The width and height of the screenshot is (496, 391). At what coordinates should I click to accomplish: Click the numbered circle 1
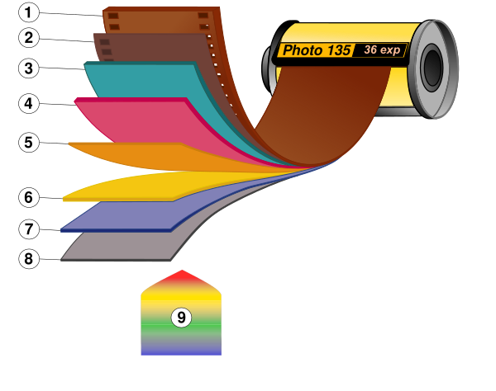click(x=29, y=12)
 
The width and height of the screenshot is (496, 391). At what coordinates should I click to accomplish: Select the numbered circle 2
click(x=29, y=38)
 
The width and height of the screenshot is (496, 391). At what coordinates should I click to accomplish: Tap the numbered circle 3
click(x=29, y=68)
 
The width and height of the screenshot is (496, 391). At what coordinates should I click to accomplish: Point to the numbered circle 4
click(x=29, y=104)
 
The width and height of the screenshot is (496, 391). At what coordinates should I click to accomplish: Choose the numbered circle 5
click(x=29, y=143)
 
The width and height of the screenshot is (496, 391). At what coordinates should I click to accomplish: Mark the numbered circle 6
click(x=29, y=198)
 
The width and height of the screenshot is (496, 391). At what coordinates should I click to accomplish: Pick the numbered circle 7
click(x=29, y=229)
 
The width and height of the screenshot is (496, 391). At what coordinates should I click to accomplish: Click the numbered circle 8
click(x=29, y=259)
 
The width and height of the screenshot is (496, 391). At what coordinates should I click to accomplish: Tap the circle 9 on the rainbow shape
click(x=181, y=318)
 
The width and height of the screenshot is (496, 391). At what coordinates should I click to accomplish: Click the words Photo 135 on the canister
click(x=317, y=50)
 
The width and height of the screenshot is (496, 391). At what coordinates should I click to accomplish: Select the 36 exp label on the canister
click(x=381, y=49)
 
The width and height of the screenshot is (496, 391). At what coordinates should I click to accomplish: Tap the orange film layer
click(x=141, y=155)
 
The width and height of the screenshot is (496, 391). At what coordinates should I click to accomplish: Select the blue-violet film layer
click(x=124, y=216)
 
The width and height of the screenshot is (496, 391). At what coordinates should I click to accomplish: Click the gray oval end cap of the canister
click(x=436, y=68)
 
